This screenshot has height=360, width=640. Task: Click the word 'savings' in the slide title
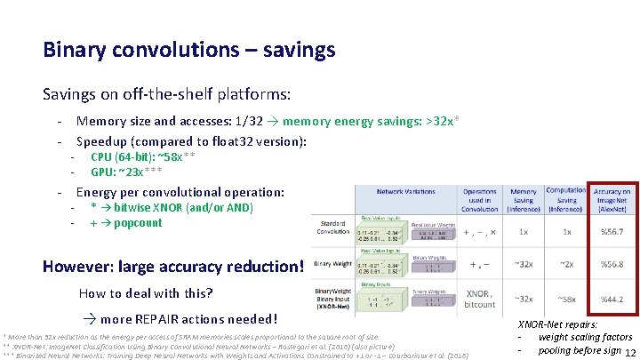[295, 50]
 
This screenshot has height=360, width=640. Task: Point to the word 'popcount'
[138, 223]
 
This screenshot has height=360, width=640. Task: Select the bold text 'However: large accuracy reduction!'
[173, 266]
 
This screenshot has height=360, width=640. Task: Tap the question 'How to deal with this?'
[146, 293]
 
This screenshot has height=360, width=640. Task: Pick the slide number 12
[628, 351]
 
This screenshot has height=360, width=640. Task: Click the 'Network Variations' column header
[405, 191]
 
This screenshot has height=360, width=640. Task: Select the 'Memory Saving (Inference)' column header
[523, 200]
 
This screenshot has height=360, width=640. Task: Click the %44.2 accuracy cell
[612, 300]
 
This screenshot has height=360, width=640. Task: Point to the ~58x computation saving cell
[565, 300]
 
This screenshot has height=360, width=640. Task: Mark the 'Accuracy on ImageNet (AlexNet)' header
[612, 200]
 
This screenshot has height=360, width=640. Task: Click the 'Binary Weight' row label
[333, 264]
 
